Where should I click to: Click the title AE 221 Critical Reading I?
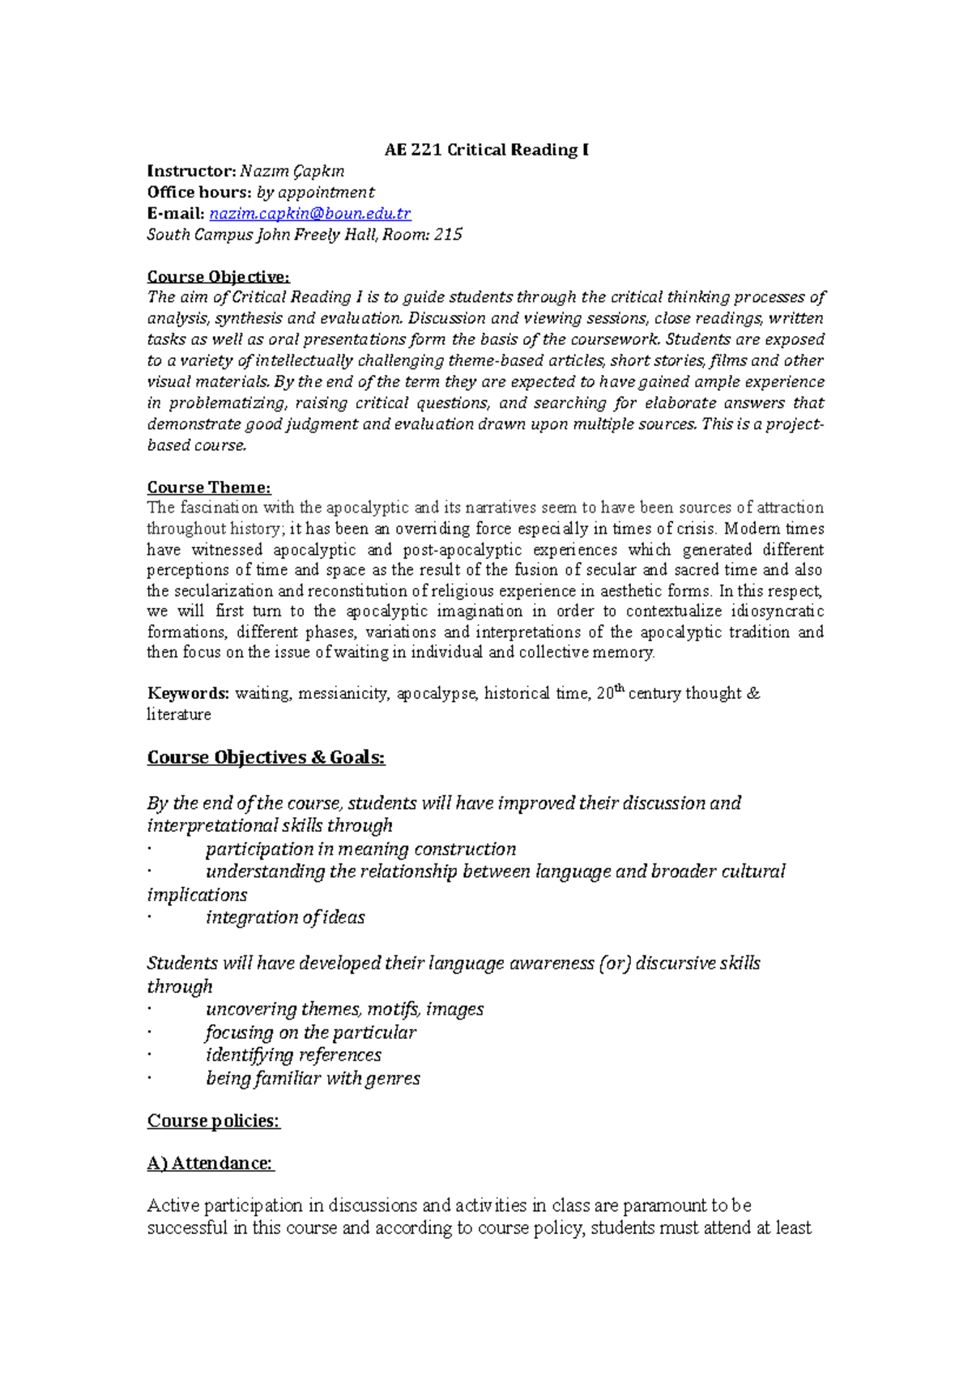pos(486,150)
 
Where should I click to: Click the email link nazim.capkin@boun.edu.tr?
pos(310,214)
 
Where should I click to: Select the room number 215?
pos(448,235)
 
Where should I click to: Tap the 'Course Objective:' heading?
pos(218,277)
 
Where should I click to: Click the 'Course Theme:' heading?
pos(209,487)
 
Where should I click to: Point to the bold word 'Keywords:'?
pos(188,693)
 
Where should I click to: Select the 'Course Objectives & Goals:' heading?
pos(266,758)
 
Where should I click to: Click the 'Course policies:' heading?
pos(213,1121)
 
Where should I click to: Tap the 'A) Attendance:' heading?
pos(211,1163)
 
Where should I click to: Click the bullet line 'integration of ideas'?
pos(285,917)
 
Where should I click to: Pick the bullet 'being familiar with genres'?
pos(313,1079)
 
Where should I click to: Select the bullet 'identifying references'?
pos(293,1055)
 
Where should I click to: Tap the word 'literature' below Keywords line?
pos(179,715)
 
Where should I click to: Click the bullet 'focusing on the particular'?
pos(310,1032)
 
